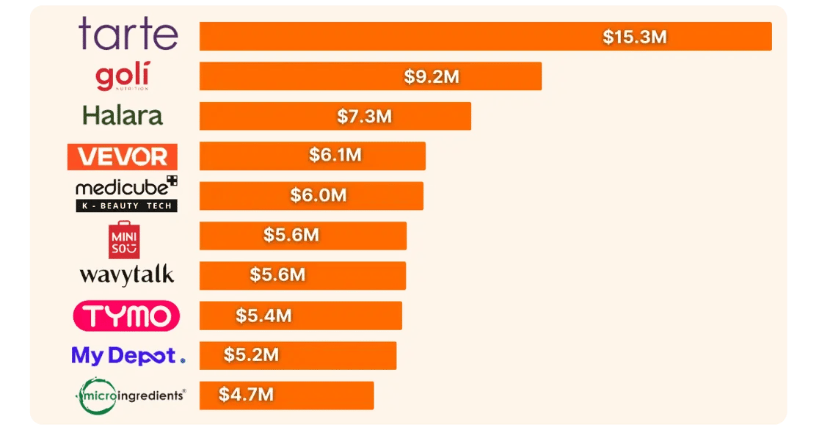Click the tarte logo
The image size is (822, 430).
[x=128, y=35]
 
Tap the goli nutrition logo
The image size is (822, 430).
[x=122, y=77]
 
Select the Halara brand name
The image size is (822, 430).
[x=123, y=116]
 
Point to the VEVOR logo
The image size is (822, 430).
[x=122, y=156]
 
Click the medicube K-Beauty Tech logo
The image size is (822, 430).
[x=126, y=194]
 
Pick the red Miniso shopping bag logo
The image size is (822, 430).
[x=122, y=238]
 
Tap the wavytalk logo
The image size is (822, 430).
[x=127, y=275]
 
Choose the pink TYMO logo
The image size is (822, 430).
[x=126, y=316]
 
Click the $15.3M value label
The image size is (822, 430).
[x=634, y=37]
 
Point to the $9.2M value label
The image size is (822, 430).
[x=432, y=76]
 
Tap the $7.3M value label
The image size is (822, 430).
[x=364, y=116]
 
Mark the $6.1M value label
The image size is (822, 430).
[x=336, y=156]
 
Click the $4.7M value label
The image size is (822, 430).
[x=246, y=395]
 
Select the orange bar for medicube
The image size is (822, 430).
[x=311, y=196]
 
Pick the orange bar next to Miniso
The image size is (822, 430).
[x=302, y=236]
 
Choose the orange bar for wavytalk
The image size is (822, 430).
[x=302, y=275]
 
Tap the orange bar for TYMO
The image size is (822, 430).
[x=301, y=316]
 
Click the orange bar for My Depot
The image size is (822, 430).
[x=298, y=355]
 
